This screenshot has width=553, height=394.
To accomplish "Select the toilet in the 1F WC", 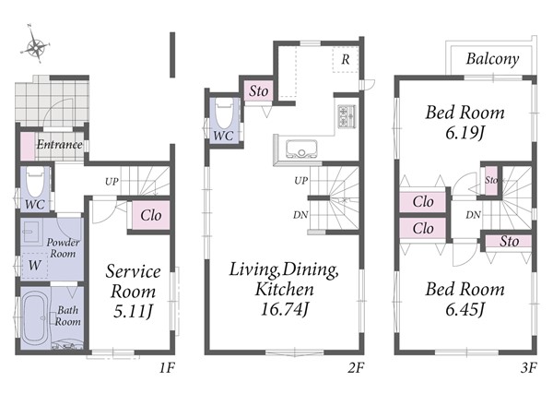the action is [x=35, y=182].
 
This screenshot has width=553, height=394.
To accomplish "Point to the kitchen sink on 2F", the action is [x=301, y=149].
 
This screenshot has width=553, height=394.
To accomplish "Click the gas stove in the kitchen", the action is [x=347, y=116].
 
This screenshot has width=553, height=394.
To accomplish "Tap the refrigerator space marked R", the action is [x=346, y=60].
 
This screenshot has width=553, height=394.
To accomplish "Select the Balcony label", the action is [x=492, y=59].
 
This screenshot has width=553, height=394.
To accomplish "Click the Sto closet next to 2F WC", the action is [x=258, y=91].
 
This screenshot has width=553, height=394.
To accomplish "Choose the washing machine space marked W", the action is [x=35, y=265].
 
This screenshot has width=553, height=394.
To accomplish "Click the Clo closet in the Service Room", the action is [x=151, y=215].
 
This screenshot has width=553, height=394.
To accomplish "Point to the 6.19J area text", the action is [x=465, y=134].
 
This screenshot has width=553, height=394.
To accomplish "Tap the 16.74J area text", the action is [x=284, y=310].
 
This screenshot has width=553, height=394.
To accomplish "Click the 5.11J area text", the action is [x=134, y=311].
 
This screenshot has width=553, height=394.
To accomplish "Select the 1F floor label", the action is [x=167, y=368].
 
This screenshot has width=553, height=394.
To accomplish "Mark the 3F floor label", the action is [x=529, y=368].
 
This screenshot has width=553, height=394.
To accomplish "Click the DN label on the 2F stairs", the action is [x=300, y=215].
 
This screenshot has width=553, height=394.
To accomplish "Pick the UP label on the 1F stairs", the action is [x=112, y=182].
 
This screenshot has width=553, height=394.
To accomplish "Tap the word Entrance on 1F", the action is [x=60, y=144].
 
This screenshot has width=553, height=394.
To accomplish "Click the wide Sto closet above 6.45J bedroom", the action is [x=508, y=242].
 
